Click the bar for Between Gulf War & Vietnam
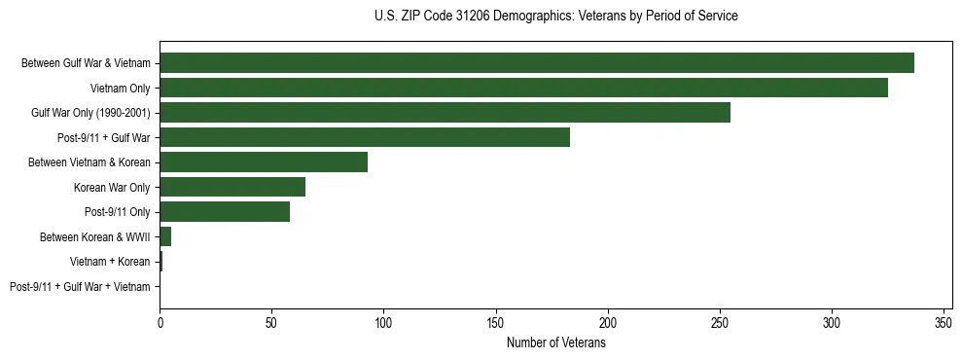point(537,63)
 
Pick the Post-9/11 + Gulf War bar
point(365,137)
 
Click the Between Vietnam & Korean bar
point(264,162)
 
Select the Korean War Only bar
point(232,187)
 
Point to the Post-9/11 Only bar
point(225,211)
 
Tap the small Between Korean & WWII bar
point(165,236)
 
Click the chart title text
point(555,17)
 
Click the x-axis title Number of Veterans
point(555,342)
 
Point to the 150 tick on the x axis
point(496,322)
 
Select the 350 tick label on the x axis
point(944,322)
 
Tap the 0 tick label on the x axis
point(160,322)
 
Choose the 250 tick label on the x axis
point(720,322)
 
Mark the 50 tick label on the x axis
point(272,322)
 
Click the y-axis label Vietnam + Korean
point(110,262)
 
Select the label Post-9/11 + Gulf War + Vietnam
point(80,286)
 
